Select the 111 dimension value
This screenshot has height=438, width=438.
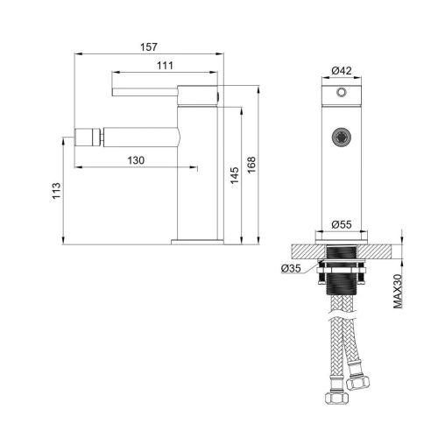[165, 66]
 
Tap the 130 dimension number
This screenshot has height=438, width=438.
[136, 160]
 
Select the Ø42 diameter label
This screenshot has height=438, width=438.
[342, 70]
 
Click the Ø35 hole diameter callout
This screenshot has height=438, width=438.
[290, 268]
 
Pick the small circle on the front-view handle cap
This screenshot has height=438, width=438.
[343, 90]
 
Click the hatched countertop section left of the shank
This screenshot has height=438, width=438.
[304, 249]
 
